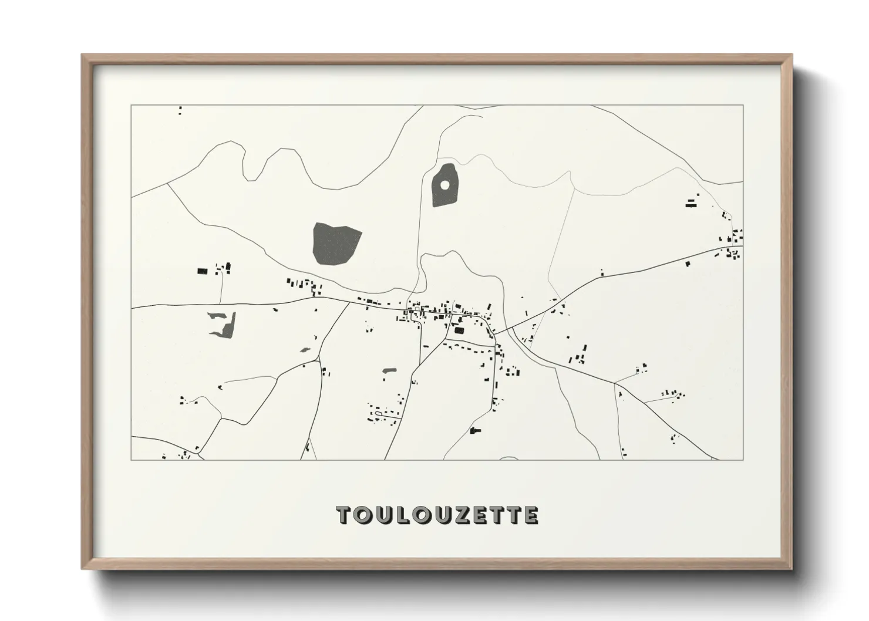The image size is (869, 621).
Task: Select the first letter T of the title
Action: pos(345,515)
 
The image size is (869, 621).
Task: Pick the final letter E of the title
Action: pos(531,515)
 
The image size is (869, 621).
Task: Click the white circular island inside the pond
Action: pos(444,185)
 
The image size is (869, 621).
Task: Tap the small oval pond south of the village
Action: pos(389,371)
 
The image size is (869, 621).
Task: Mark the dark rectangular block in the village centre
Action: pos(459,331)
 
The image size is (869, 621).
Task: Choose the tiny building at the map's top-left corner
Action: pos(180,109)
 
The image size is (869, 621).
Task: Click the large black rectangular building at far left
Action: pos(202,271)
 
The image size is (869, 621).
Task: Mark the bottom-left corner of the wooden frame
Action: pos(83,569)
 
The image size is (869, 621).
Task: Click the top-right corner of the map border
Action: pos(743,105)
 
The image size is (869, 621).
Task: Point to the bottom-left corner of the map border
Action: pos(131,460)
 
